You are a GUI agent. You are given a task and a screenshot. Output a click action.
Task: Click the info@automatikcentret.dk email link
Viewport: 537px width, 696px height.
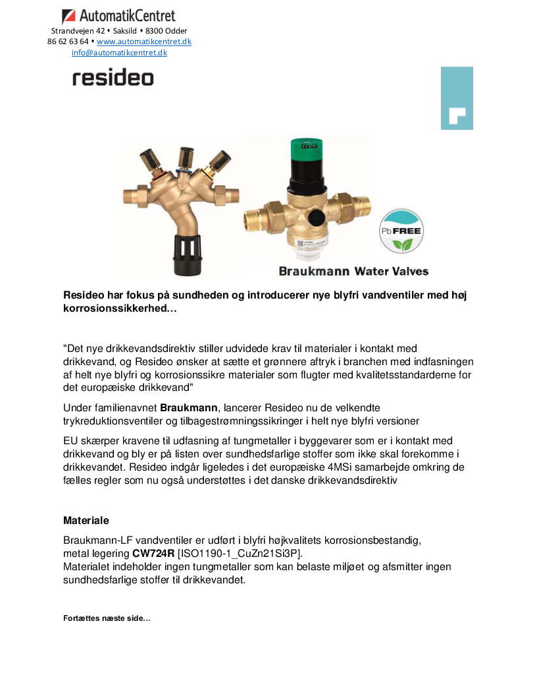tap(119, 53)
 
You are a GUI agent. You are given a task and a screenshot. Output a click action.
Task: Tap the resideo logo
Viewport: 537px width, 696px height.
tap(113, 78)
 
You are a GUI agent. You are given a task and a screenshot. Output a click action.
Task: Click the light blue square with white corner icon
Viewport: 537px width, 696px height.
tap(457, 98)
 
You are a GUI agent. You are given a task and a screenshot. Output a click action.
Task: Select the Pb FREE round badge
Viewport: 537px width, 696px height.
tap(402, 231)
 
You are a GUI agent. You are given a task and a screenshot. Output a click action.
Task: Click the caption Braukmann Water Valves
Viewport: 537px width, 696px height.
tap(353, 271)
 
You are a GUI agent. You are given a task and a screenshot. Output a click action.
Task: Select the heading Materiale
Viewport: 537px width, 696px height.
tap(86, 521)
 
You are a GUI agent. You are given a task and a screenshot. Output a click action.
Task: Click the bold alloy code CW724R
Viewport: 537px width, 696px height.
tap(153, 552)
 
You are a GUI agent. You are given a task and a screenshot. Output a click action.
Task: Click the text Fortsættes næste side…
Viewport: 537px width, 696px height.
tap(107, 618)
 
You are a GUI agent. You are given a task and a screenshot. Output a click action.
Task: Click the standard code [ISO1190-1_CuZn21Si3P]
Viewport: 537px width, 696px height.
tap(240, 552)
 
